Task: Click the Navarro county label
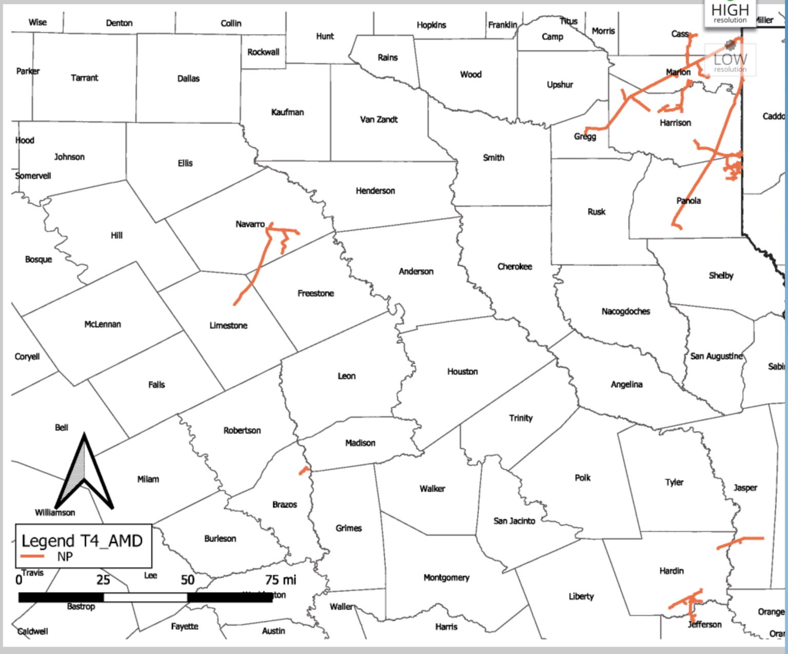pos(250,224)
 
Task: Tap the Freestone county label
pos(316,293)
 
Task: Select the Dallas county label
pos(188,78)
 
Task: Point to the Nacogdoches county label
pos(625,311)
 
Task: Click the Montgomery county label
pos(446,578)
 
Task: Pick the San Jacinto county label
pos(514,521)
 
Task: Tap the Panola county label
pos(688,201)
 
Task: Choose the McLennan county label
pos(103,324)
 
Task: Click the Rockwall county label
pos(263,52)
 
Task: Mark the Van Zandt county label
pos(379,120)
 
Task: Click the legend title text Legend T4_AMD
pos(82,541)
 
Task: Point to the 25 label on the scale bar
pos(103,580)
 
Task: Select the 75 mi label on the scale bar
pos(281,580)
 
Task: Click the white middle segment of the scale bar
pos(145,597)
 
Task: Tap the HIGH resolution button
pos(730,13)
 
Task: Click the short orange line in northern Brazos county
pos(305,470)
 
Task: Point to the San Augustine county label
pos(716,356)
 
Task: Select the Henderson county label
pos(375,191)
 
